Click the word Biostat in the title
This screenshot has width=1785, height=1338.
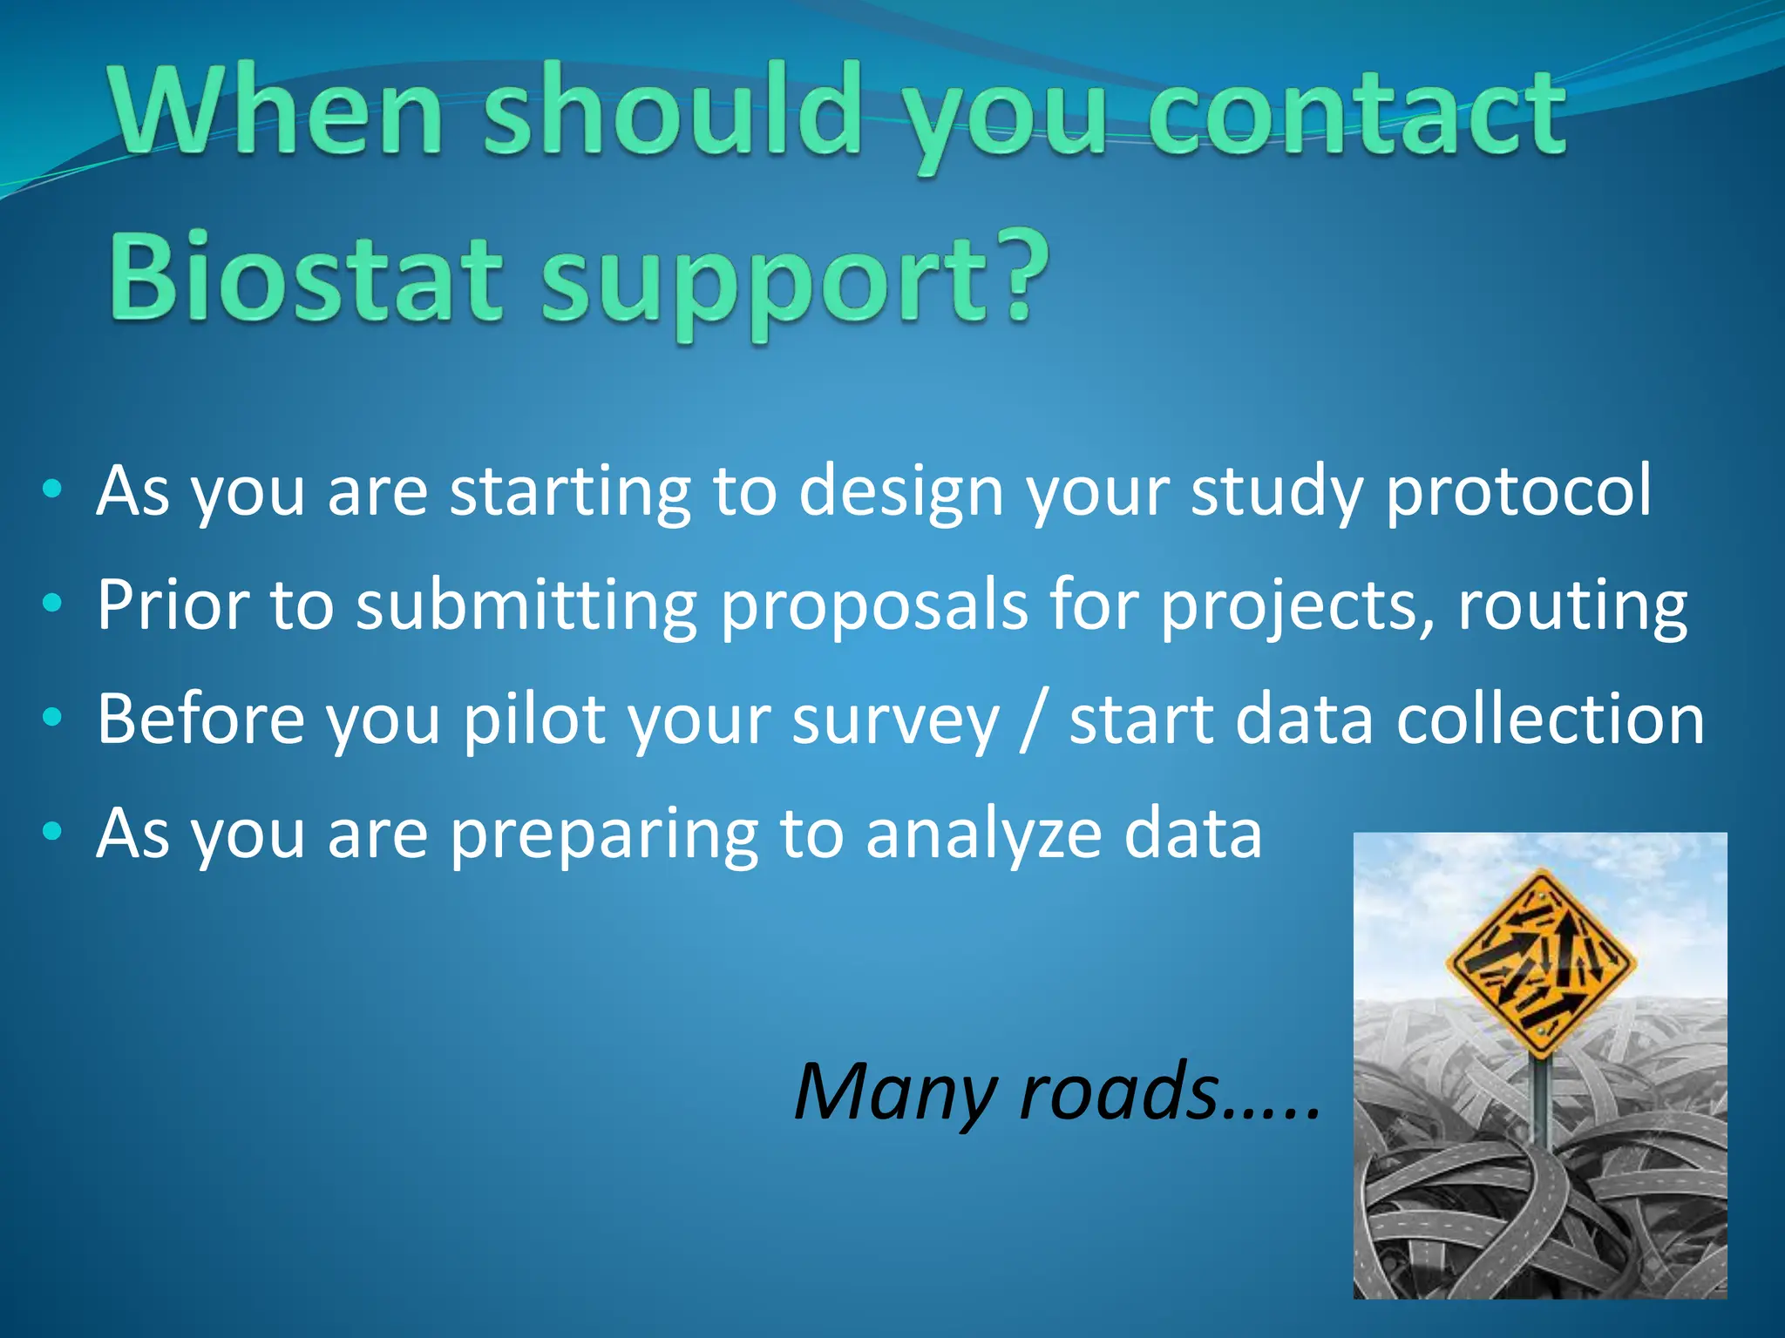tap(305, 276)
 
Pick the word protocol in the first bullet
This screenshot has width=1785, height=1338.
tap(1517, 491)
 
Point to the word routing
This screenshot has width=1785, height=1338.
tap(1572, 606)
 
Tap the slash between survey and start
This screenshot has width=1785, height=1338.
tap(1033, 721)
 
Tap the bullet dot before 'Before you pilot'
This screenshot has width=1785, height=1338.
tap(52, 718)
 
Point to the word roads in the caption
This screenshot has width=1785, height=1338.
tap(1119, 1092)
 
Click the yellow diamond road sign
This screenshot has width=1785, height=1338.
tap(1540, 963)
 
